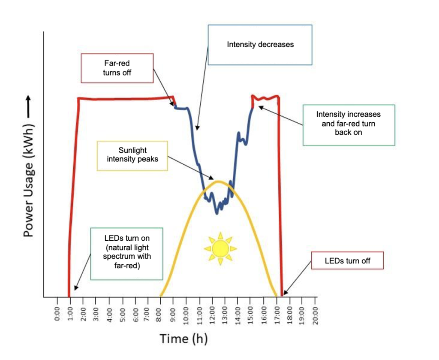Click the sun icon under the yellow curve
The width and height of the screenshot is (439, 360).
click(220, 248)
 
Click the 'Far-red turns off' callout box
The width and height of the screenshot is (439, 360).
click(117, 68)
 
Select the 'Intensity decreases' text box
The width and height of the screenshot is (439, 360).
click(260, 45)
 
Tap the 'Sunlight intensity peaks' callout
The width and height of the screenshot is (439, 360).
click(132, 155)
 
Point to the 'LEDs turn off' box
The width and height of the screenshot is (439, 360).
click(347, 260)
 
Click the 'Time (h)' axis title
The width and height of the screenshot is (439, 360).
click(184, 339)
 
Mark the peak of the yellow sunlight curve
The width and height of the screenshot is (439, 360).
click(219, 182)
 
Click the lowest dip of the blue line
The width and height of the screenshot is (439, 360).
click(217, 212)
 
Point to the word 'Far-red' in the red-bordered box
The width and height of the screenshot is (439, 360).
click(117, 64)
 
